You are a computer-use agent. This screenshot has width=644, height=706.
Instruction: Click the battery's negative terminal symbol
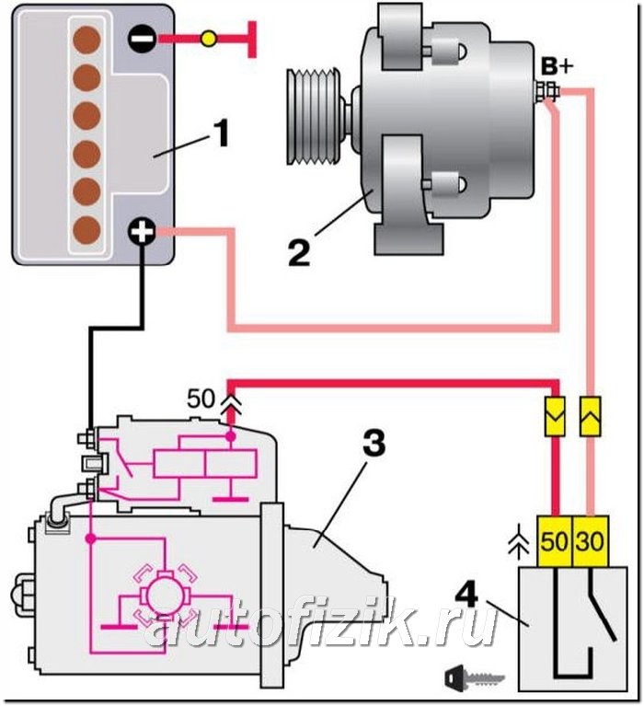click(x=143, y=39)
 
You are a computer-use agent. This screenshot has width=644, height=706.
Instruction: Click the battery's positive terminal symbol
click(x=143, y=232)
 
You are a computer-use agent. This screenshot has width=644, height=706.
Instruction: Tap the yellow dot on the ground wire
click(x=208, y=39)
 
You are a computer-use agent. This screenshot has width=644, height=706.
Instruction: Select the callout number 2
click(x=299, y=252)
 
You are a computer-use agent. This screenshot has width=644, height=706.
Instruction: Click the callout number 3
click(x=374, y=442)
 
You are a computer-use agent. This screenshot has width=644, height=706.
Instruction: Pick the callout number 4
click(x=466, y=596)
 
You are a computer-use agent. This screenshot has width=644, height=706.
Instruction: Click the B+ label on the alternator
click(x=557, y=66)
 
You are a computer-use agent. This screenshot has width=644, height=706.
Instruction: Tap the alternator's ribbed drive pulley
click(x=315, y=117)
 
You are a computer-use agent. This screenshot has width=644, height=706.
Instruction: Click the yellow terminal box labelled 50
click(x=555, y=540)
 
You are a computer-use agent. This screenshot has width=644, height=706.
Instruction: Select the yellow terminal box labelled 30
click(x=591, y=540)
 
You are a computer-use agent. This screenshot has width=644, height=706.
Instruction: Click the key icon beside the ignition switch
click(x=475, y=677)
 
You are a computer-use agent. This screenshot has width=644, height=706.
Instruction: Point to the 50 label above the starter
click(x=201, y=399)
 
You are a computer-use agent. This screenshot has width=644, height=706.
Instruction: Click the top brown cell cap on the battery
click(x=86, y=40)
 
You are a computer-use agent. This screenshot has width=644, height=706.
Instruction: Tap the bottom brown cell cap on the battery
click(x=86, y=229)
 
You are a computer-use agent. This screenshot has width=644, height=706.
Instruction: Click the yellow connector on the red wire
click(x=555, y=416)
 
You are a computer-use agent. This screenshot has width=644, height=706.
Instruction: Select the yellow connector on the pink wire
click(x=590, y=416)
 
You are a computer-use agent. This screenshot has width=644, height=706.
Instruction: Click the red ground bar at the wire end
click(x=252, y=40)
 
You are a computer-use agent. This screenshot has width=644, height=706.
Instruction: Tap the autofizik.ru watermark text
click(x=320, y=623)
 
